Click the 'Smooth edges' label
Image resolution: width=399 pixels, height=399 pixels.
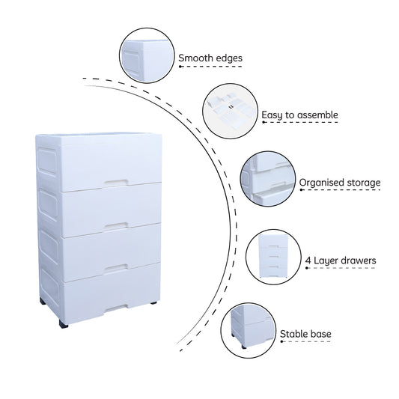210,58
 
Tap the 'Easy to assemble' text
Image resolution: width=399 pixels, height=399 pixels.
299,115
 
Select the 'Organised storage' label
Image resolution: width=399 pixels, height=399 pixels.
340,183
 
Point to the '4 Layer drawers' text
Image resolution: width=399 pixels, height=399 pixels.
341,261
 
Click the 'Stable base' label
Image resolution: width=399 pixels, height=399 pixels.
305,334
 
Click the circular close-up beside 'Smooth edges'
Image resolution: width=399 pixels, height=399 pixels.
147,55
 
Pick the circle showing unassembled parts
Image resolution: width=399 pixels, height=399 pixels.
231,112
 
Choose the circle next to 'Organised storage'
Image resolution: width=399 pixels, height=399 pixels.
268,179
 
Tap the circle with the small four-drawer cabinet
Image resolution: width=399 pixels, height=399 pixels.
273,257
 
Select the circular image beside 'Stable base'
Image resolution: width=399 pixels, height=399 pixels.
249,331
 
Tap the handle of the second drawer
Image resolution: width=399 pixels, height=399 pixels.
116,225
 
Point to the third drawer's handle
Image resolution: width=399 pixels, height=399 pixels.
116,267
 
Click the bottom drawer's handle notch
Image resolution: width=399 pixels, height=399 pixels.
116,308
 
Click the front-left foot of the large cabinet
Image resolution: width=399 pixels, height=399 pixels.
64,324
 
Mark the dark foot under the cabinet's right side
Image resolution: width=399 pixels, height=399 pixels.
153,303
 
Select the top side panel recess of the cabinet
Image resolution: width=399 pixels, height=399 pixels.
47,160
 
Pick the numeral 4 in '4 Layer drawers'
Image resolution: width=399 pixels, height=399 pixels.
308,261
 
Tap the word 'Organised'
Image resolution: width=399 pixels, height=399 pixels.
320,183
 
